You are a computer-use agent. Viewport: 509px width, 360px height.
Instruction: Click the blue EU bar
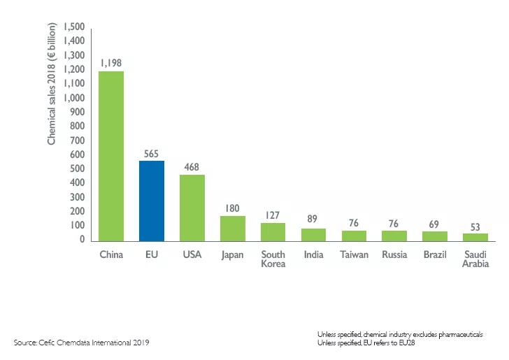pyautogui.click(x=152, y=201)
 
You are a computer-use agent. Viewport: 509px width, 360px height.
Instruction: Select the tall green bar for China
pyautogui.click(x=111, y=156)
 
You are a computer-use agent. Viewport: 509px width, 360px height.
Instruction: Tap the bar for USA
pyautogui.click(x=192, y=208)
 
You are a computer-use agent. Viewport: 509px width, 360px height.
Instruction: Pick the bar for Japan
pyautogui.click(x=233, y=228)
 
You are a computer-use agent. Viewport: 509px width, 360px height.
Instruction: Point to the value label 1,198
pyautogui.click(x=111, y=63)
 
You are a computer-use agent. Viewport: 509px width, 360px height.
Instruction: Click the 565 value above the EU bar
pyautogui.click(x=152, y=152)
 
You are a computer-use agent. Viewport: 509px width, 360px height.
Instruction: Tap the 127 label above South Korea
pyautogui.click(x=273, y=215)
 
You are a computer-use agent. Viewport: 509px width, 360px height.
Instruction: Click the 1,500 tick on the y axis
pyautogui.click(x=74, y=27)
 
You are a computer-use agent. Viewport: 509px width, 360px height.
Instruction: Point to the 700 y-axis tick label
pyautogui.click(x=77, y=141)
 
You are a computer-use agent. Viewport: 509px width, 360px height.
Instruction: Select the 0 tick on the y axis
pyautogui.click(x=83, y=240)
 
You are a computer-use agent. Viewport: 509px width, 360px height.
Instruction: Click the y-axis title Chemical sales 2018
pyautogui.click(x=52, y=85)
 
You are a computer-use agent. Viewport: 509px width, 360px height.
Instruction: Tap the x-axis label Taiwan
pyautogui.click(x=354, y=254)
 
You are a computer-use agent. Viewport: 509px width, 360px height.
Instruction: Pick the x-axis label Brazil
pyautogui.click(x=435, y=254)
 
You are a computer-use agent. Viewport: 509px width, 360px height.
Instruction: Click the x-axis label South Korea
pyautogui.click(x=273, y=259)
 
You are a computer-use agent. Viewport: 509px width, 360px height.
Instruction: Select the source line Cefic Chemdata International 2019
pyautogui.click(x=81, y=343)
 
